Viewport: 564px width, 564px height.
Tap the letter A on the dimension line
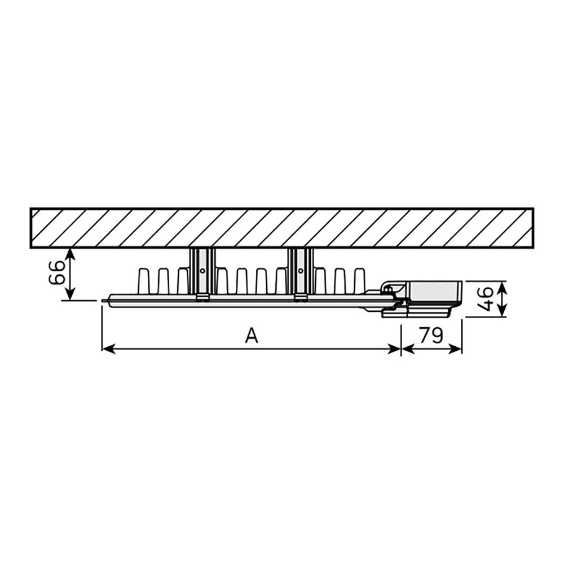point(252,336)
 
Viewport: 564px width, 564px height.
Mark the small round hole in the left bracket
point(202,271)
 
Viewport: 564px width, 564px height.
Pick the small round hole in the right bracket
point(300,271)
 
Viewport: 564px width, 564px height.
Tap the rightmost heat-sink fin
point(359,280)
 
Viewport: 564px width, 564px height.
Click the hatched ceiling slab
point(282,228)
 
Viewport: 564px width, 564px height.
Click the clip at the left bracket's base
point(202,298)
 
